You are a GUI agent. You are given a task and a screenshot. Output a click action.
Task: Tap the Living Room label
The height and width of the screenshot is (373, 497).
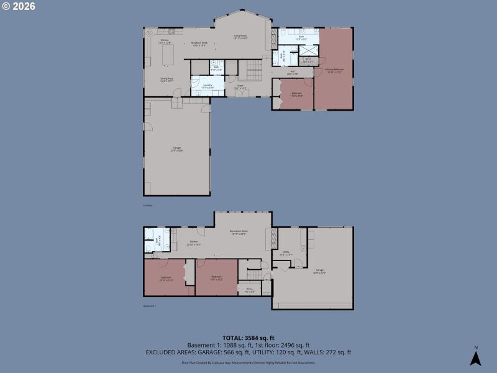tap(240, 37)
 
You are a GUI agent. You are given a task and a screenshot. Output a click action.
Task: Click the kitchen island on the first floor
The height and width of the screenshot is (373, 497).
tap(168, 55)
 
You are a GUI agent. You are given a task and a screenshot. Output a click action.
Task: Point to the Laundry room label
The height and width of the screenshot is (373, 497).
tap(207, 86)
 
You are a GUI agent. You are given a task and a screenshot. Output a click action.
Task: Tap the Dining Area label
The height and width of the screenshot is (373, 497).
tap(166, 80)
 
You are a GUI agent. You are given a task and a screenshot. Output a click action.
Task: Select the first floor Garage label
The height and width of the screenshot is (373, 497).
tap(177, 149)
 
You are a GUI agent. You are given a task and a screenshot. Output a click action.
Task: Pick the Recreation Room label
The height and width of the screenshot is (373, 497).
tap(239, 232)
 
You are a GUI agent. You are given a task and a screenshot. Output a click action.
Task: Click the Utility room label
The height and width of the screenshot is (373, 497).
tap(286, 253)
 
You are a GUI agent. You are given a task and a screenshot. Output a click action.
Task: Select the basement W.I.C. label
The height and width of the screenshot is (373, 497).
tap(249, 289)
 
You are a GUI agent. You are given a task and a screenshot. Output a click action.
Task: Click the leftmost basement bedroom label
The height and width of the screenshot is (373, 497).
tap(166, 278)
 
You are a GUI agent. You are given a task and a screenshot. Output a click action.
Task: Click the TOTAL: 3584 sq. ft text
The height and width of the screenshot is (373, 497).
tap(248, 338)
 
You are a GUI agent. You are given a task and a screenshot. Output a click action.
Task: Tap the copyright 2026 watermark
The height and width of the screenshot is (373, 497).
tap(19, 6)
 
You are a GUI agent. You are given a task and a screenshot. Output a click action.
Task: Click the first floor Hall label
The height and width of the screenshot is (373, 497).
tap(293, 72)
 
